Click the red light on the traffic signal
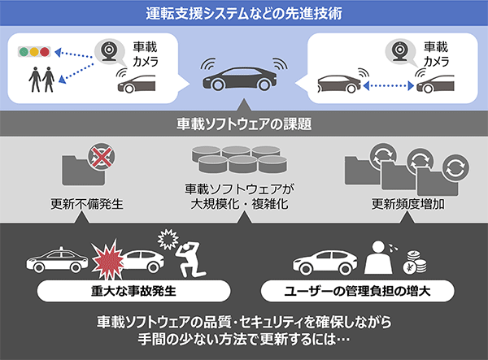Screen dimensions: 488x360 tap(45, 52)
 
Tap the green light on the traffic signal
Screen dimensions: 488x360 tap(24, 52)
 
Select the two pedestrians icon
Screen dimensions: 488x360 tap(41, 80)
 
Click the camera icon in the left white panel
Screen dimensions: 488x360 tap(109, 50)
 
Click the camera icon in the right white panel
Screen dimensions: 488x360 tap(399, 50)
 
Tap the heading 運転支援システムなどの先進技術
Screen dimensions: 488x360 tap(244, 13)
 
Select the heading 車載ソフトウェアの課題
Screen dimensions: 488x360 tap(244, 124)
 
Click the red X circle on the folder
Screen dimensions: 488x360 tap(102, 156)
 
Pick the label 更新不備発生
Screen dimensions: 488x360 tap(87, 204)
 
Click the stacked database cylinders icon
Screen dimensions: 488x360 tap(239, 159)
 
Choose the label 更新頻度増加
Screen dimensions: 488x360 tap(407, 204)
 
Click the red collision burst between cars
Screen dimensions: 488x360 tap(107, 259)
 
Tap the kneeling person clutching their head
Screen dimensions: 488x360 tap(190, 260)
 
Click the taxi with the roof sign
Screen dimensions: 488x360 tap(57, 260)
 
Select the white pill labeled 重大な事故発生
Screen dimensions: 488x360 tap(134, 291)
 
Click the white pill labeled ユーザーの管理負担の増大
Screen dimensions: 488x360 tap(357, 291)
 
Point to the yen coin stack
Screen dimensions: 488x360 tap(415, 262)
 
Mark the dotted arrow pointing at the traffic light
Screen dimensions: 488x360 tap(74, 54)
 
